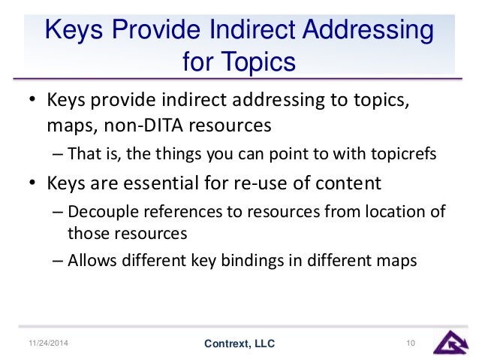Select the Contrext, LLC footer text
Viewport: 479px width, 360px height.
click(x=239, y=344)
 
